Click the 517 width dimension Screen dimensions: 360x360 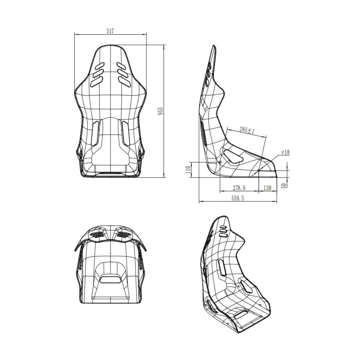pos(110,31)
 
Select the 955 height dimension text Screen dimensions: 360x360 pos(161,111)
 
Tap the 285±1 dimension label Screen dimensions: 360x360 pos(247,130)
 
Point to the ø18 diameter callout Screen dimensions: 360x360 pos(285,152)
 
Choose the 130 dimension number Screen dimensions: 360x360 pos(267,188)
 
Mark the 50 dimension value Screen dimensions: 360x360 pos(284,185)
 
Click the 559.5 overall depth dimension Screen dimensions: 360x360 pos(238,198)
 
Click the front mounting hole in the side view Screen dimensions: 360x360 pos(259,171)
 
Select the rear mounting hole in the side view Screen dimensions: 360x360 pos(220,162)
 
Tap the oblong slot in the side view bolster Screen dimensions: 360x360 pos(234,156)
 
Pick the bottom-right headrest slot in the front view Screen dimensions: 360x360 pos(123,80)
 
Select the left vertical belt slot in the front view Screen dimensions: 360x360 pos(95,133)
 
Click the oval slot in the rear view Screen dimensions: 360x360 pos(110,279)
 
